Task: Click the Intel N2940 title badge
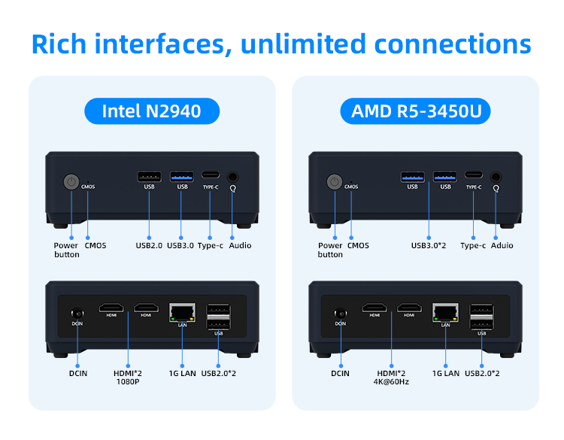point(151,112)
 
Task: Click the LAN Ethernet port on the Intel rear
point(182,311)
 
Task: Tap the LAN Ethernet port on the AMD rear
point(445,311)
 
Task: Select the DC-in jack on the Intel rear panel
point(77,314)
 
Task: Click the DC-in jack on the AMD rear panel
point(340,314)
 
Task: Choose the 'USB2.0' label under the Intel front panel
point(148,245)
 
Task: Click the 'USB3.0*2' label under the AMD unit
point(429,245)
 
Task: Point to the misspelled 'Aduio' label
point(502,245)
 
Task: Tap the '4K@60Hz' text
point(391,382)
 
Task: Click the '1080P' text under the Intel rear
point(128,382)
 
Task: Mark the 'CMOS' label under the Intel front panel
point(96,245)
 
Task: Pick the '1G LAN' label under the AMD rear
point(445,373)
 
